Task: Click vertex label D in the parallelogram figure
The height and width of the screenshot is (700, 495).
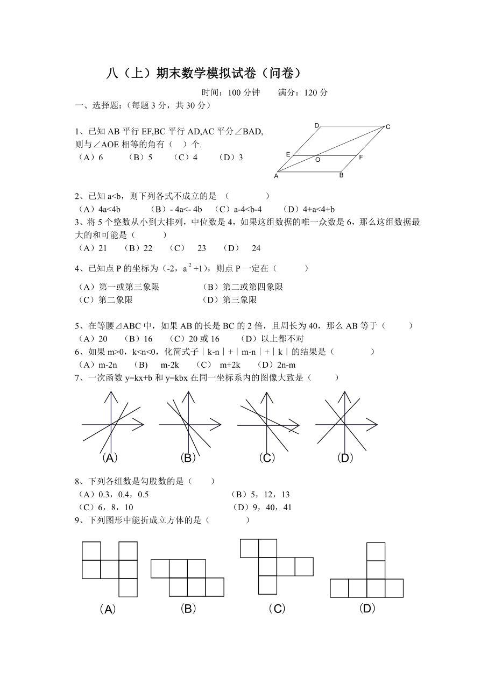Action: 317,126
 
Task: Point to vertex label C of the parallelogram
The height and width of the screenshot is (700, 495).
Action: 387,127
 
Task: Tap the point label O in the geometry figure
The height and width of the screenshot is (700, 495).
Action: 317,160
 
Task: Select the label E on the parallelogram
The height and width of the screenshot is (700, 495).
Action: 288,154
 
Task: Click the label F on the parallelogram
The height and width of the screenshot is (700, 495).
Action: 360,158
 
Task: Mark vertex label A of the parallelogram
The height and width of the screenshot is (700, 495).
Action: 277,176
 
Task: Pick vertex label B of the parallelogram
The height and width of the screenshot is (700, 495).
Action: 341,175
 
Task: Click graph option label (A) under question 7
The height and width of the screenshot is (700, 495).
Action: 109,458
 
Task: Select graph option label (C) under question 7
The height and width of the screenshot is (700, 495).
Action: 267,458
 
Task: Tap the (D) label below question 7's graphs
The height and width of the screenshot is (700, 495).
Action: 345,458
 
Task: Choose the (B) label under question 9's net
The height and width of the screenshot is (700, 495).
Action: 188,609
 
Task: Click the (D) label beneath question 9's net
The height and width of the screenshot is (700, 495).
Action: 367,609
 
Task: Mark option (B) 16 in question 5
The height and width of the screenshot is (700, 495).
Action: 138,339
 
